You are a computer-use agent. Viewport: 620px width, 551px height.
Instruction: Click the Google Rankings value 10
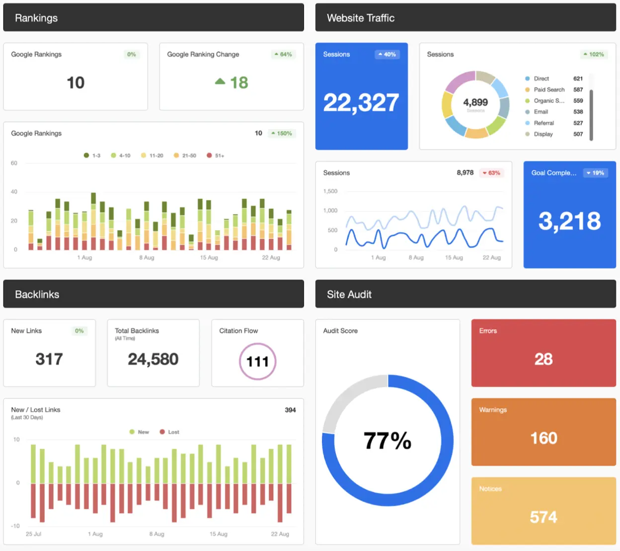(x=76, y=82)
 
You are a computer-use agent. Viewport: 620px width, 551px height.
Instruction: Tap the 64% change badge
(x=283, y=54)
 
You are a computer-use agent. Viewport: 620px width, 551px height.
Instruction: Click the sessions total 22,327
(x=361, y=103)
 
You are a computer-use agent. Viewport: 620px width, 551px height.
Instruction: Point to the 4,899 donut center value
(x=475, y=102)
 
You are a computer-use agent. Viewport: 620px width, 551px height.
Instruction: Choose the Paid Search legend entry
(x=548, y=90)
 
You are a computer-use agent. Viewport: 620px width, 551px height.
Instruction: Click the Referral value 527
(x=578, y=123)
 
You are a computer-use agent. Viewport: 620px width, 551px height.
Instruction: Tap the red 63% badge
(x=491, y=173)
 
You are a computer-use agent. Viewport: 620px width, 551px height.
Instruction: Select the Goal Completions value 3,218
(x=569, y=221)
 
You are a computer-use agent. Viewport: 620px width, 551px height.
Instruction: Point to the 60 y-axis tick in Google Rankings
(x=14, y=163)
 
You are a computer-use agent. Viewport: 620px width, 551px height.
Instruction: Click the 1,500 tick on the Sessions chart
(x=330, y=191)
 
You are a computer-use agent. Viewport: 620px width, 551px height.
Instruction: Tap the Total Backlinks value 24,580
(x=153, y=359)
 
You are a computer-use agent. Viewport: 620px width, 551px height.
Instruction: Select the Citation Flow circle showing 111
(x=257, y=361)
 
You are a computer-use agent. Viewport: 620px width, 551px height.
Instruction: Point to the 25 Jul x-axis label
(x=33, y=534)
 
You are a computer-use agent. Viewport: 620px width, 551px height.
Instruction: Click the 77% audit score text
(x=387, y=440)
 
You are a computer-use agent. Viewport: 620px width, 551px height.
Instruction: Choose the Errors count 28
(x=543, y=359)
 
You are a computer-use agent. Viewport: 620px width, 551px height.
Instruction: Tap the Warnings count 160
(x=543, y=438)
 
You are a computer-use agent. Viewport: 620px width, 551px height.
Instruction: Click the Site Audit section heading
(x=349, y=294)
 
